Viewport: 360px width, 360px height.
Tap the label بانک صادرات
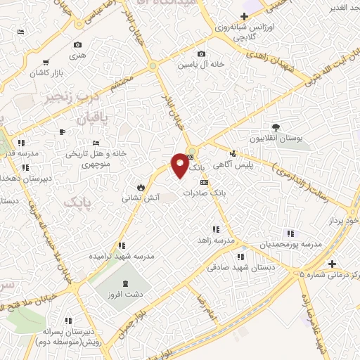[x=202, y=192]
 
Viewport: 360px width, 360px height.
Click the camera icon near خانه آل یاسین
[x=202, y=54]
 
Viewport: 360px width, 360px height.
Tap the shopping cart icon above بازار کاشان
[x=46, y=63]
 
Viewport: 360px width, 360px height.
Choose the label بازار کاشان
[x=46, y=73]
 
